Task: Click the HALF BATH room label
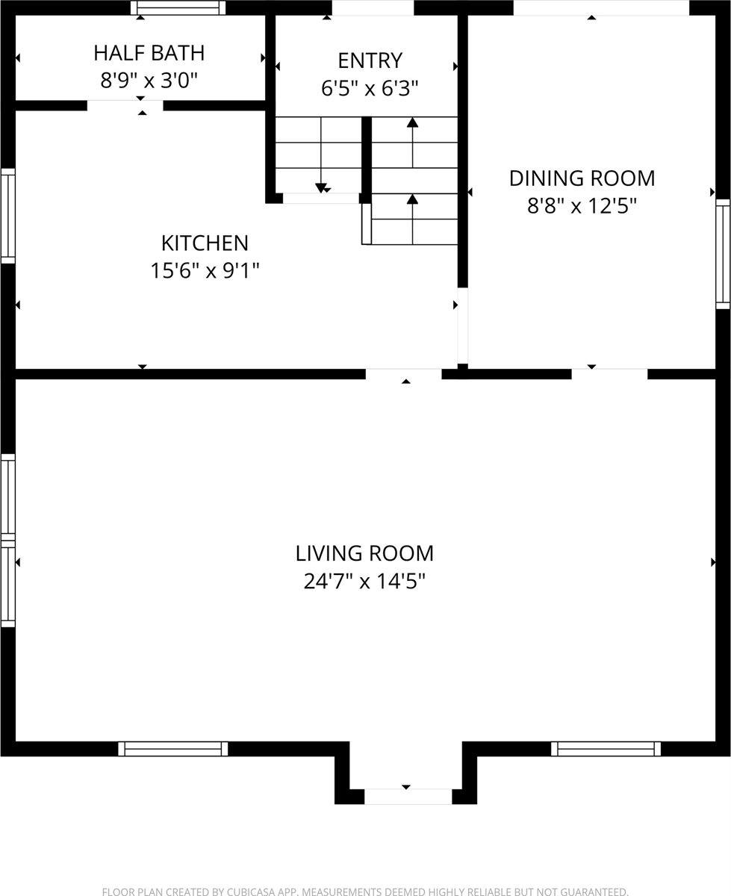pos(149,53)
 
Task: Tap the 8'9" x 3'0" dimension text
pos(149,80)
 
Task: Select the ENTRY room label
pos(370,60)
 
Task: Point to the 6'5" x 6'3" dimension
pos(370,88)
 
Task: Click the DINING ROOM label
pos(582,178)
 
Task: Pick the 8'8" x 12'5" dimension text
pos(582,206)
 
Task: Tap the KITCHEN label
pos(205,243)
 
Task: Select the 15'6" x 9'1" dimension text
pos(205,270)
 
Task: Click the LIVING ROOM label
pos(364,553)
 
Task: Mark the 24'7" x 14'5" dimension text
pos(364,581)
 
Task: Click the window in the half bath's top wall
pos(178,7)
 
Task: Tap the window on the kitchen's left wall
pos(7,216)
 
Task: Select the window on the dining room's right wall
pos(723,254)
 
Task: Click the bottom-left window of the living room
pos(172,748)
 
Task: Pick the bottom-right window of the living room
pos(606,748)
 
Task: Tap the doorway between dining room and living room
pos(609,374)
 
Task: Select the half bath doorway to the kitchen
pos(125,105)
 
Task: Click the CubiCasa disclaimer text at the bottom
pos(364,891)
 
